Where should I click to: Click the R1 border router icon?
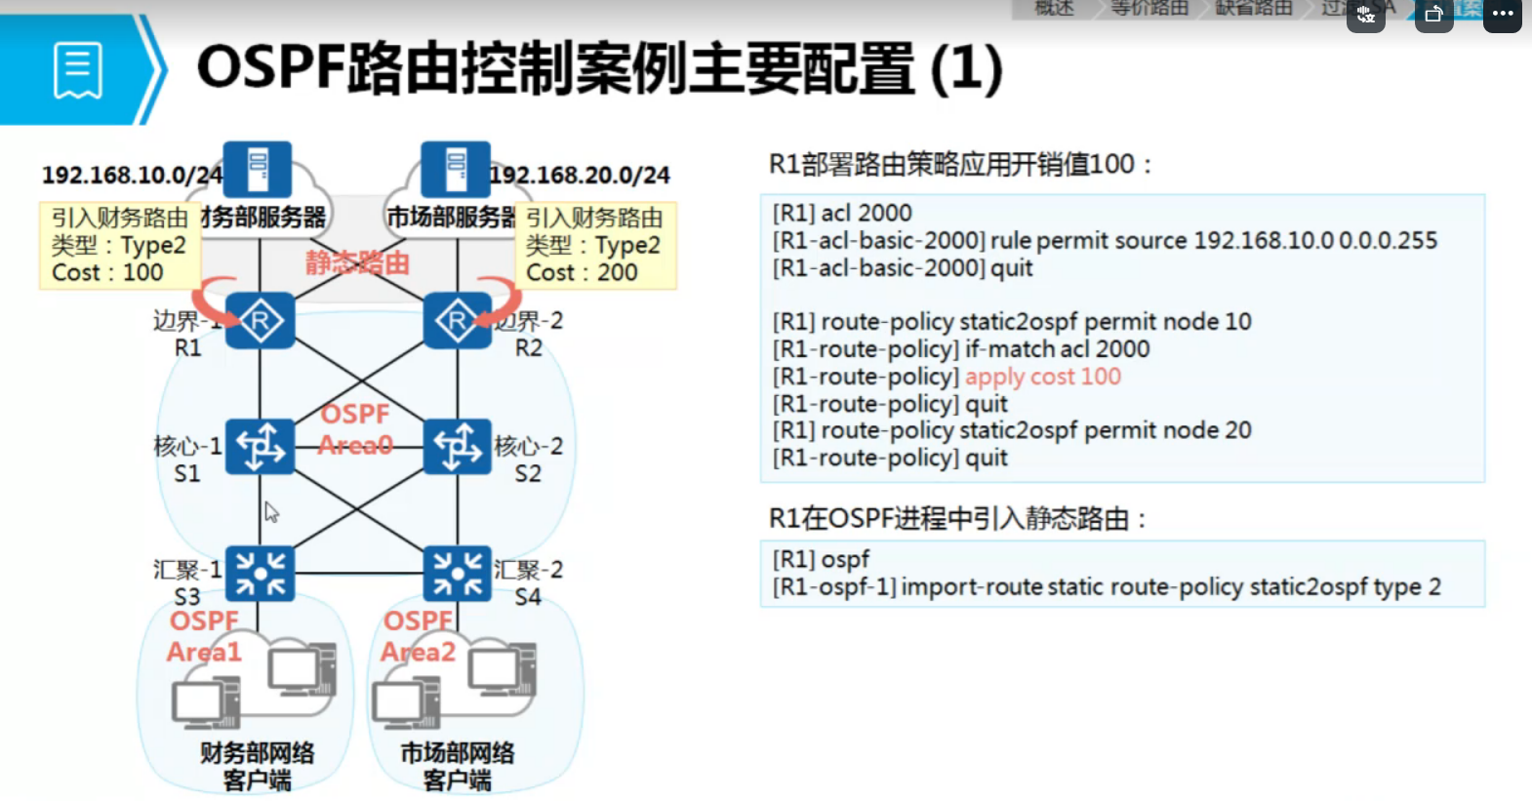[260, 320]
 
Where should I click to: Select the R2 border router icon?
[458, 320]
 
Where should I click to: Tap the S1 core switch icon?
[260, 447]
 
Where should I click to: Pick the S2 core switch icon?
[458, 447]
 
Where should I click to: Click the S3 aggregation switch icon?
[260, 573]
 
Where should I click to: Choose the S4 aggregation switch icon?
[458, 573]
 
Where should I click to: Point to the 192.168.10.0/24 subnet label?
[132, 176]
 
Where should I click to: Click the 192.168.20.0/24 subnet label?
[580, 176]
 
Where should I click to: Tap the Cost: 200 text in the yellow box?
[582, 273]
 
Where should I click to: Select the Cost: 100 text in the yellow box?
[107, 273]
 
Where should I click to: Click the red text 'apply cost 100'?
[1042, 377]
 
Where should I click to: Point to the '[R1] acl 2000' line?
[842, 213]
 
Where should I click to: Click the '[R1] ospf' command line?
[821, 559]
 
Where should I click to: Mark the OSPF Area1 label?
[204, 636]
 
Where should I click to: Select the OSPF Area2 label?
[418, 636]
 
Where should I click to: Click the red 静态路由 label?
[357, 262]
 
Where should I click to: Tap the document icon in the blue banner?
[78, 70]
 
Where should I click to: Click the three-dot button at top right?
[1502, 15]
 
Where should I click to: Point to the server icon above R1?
[258, 169]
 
